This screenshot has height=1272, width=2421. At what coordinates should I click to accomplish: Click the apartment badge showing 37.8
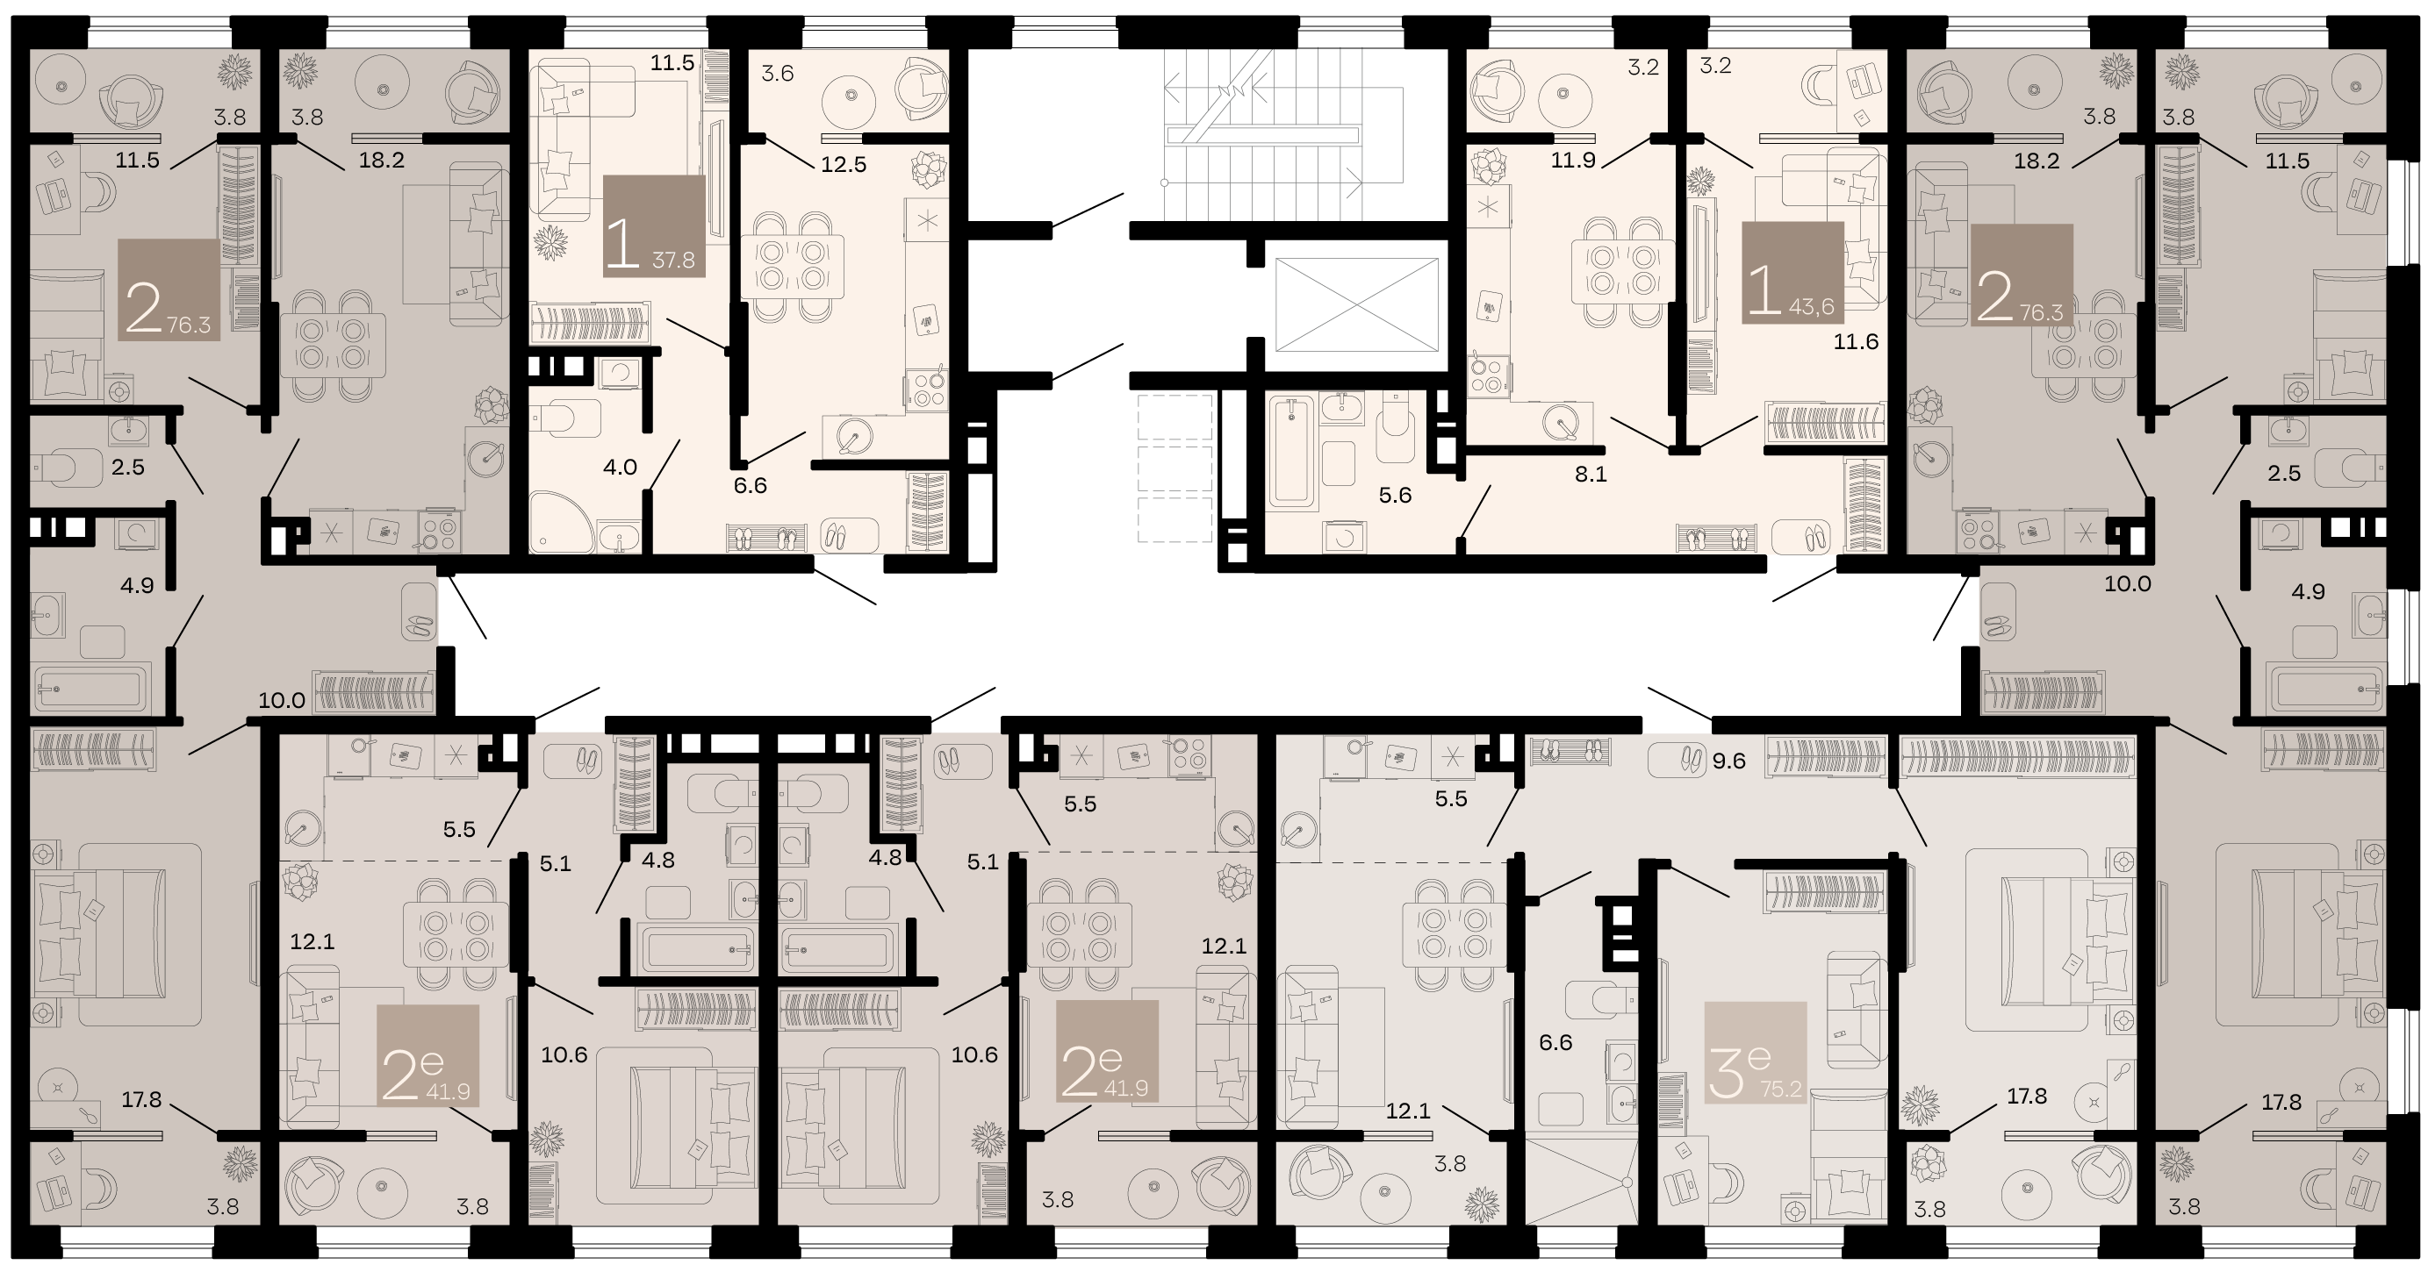pyautogui.click(x=653, y=225)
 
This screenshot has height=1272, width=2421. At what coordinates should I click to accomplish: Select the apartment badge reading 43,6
pyautogui.click(x=1792, y=273)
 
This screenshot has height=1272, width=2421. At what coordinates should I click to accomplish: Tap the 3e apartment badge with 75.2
pyautogui.click(x=1755, y=1053)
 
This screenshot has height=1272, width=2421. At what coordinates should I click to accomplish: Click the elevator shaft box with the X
pyautogui.click(x=1356, y=304)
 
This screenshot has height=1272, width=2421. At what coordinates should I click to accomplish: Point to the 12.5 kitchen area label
pyautogui.click(x=843, y=164)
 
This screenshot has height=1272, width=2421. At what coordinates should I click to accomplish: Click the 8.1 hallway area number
pyautogui.click(x=1591, y=475)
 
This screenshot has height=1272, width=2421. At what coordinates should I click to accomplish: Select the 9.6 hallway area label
pyautogui.click(x=1728, y=761)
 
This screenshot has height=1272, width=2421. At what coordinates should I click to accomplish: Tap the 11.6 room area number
pyautogui.click(x=1855, y=342)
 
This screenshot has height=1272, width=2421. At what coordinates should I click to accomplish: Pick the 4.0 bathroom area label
pyautogui.click(x=621, y=467)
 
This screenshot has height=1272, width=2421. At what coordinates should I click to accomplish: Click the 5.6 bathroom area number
pyautogui.click(x=1395, y=495)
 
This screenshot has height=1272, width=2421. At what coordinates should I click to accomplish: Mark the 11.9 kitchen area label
pyautogui.click(x=1573, y=160)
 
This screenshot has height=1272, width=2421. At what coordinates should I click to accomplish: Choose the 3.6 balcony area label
pyautogui.click(x=777, y=74)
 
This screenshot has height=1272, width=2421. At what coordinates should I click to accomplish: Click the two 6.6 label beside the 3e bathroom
pyautogui.click(x=1555, y=1042)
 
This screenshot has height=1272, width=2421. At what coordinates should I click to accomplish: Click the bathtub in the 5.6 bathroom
pyautogui.click(x=1293, y=451)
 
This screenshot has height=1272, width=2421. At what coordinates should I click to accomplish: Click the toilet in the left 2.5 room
pyautogui.click(x=68, y=465)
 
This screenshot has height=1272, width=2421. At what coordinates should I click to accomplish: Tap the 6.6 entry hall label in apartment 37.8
pyautogui.click(x=750, y=486)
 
